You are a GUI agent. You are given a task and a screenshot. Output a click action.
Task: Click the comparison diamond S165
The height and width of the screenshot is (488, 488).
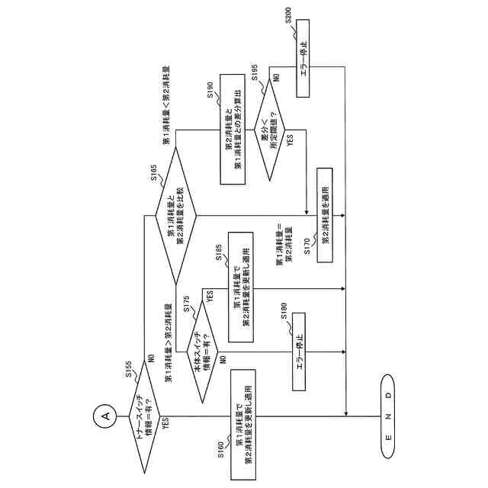(x=175, y=217)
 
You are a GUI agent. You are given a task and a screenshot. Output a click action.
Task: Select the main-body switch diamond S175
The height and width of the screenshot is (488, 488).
(x=201, y=353)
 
